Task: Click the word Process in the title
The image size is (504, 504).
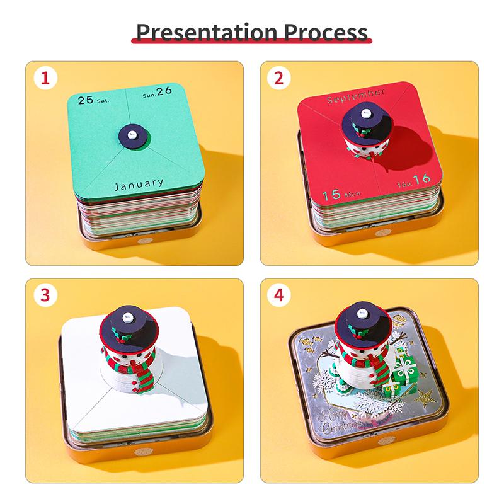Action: (x=328, y=31)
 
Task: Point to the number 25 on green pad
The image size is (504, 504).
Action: (x=85, y=100)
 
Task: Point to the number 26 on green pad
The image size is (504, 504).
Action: (x=164, y=91)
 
